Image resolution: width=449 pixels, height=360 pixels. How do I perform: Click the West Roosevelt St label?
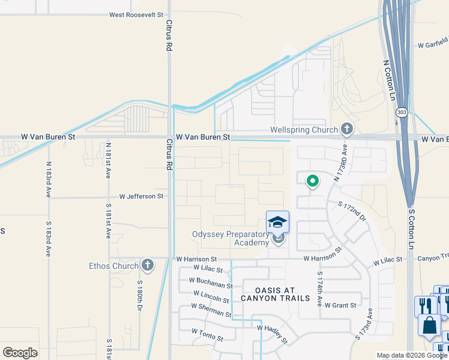point(136,14)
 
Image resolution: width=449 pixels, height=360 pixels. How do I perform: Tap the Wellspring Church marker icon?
point(346,129)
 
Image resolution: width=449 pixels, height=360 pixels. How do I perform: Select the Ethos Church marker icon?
point(147,265)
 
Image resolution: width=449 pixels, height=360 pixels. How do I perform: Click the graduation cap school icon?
point(277,223)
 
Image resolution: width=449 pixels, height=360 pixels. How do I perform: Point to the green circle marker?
point(312,181)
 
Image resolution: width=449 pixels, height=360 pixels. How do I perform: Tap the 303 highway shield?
point(401,113)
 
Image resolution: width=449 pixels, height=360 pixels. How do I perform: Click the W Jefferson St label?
point(141,196)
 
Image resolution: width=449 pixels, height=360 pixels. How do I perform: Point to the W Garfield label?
point(433,44)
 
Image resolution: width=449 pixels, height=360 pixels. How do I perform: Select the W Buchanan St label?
point(210,283)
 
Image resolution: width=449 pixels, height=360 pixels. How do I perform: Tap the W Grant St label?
point(340,305)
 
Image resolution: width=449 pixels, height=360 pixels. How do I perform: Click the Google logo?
point(20,353)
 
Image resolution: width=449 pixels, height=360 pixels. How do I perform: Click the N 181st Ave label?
point(108,159)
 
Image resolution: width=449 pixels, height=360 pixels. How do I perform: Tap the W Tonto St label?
point(206,334)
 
